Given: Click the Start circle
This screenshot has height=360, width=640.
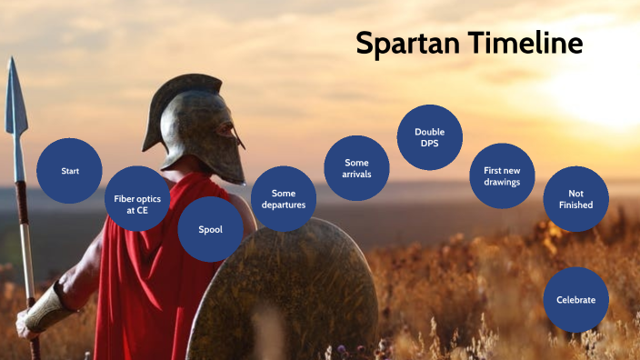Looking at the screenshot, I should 69,171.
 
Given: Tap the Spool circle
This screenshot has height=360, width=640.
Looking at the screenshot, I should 210,229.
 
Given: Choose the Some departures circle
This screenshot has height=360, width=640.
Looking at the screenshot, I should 284,198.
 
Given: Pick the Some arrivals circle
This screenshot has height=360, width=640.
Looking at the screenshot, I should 357,167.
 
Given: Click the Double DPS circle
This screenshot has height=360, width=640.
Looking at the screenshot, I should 430,137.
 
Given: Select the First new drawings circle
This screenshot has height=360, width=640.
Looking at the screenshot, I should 502,175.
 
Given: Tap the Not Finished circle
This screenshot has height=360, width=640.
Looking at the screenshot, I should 575,198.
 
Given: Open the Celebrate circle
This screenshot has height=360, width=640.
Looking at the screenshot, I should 575,300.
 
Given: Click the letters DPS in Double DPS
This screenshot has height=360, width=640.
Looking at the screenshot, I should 430,144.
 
